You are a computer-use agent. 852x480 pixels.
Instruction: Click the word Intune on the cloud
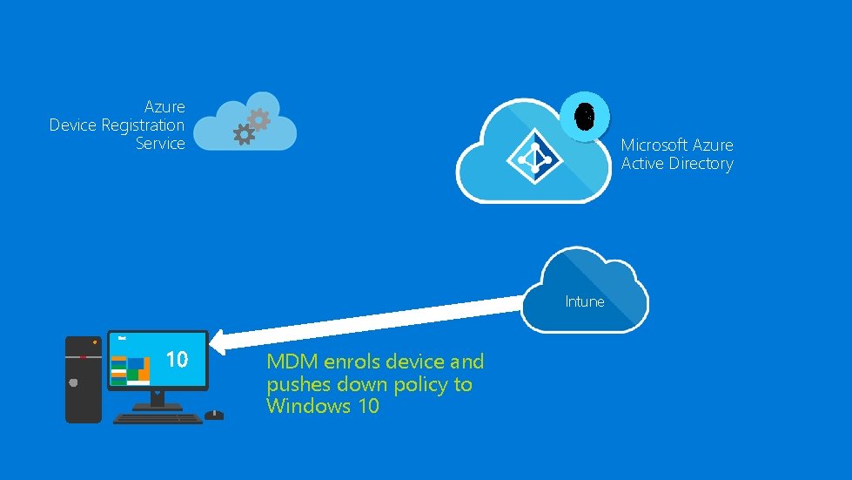pyautogui.click(x=584, y=301)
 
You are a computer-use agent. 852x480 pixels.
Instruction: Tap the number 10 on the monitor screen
pyautogui.click(x=177, y=359)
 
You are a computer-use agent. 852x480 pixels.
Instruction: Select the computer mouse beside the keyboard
pyautogui.click(x=214, y=415)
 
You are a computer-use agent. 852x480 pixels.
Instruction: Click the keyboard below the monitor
pyautogui.click(x=158, y=417)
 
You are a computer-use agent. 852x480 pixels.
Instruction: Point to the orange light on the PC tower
pyautogui.click(x=94, y=342)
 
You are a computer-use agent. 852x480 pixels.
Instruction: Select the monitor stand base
pyautogui.click(x=158, y=406)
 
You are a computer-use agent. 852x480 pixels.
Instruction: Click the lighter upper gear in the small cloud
pyautogui.click(x=258, y=118)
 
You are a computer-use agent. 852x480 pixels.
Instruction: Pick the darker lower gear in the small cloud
pyautogui.click(x=245, y=134)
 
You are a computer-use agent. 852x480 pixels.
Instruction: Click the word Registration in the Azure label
pyautogui.click(x=143, y=125)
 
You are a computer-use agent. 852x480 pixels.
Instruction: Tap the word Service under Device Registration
pyautogui.click(x=160, y=144)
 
